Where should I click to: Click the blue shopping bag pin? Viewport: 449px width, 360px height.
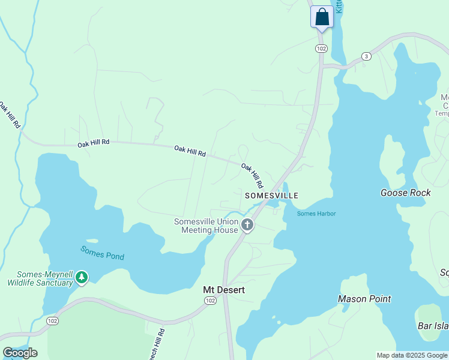click(322, 17)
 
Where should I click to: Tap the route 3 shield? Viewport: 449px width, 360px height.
click(366, 56)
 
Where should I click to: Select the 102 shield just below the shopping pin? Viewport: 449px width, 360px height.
click(322, 48)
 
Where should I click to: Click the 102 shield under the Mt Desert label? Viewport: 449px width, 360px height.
click(209, 301)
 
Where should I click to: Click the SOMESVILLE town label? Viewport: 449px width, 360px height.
click(271, 196)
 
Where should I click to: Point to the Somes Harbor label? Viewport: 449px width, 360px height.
click(316, 214)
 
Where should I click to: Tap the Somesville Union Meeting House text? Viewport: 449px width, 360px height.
click(206, 226)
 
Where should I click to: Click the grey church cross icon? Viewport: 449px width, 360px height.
click(247, 226)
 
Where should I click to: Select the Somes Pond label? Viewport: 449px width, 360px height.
click(103, 253)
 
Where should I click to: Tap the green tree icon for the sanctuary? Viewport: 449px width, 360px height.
click(82, 277)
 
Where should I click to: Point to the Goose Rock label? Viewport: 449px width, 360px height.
click(405, 193)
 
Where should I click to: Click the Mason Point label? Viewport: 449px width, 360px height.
click(364, 299)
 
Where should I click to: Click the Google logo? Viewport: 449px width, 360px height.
click(20, 352)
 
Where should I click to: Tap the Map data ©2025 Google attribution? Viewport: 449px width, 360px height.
click(412, 355)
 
